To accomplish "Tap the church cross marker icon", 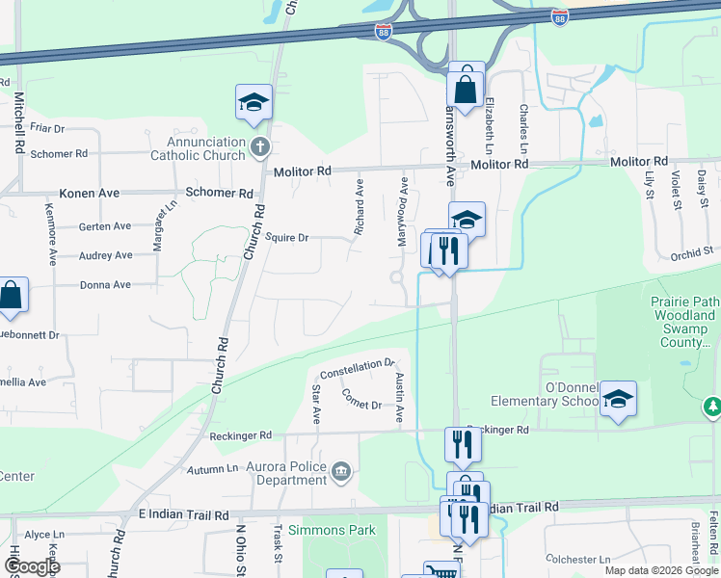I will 258,147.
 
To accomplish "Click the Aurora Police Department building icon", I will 340,471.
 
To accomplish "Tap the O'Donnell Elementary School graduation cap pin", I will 618,398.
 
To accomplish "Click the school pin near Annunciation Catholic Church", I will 254,102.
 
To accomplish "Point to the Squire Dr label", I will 286,237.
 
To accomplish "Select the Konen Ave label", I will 90,194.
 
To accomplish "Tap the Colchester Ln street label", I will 577,559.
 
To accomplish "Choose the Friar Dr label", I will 46,128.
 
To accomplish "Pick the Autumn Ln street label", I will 213,468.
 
